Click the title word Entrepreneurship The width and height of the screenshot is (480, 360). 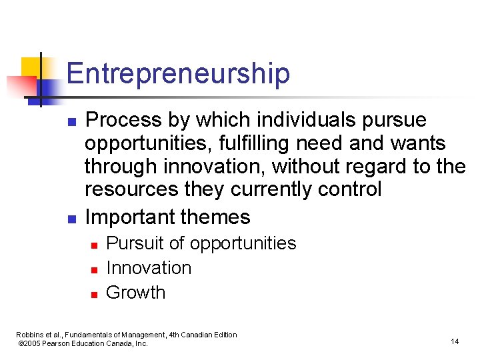point(178,73)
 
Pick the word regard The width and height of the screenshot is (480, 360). point(380,166)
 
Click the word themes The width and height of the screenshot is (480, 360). point(215,217)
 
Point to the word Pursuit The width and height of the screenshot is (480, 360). point(137,243)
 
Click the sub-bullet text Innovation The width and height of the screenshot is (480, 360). point(149,268)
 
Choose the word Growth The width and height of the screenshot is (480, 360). point(135,293)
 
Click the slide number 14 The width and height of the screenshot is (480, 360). point(455,341)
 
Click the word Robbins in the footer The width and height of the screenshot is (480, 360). point(30,335)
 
